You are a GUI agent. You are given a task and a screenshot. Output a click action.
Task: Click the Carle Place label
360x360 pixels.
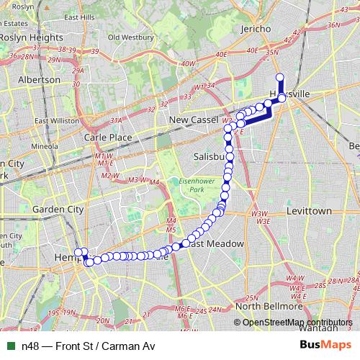[x=107, y=136]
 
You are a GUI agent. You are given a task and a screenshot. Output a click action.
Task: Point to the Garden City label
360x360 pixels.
[x=59, y=210]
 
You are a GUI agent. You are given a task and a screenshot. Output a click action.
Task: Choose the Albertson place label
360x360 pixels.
[x=40, y=79]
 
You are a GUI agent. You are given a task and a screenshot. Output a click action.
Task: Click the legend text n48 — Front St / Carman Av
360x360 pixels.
[x=88, y=346]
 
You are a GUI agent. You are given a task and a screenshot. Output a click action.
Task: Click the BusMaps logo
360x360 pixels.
[x=325, y=346]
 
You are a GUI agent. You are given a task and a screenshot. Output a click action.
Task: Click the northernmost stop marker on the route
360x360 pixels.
[x=279, y=78]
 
